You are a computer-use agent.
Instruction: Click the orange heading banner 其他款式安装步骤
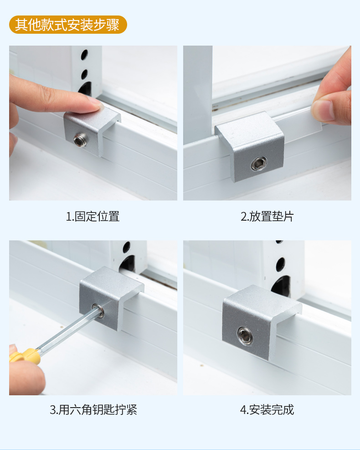[68, 25]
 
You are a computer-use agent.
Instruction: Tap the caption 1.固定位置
[93, 217]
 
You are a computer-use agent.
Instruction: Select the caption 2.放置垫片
[267, 217]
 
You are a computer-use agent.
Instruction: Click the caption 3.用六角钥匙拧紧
[93, 409]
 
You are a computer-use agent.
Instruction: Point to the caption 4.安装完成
[267, 409]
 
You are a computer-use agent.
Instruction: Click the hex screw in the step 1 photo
[80, 140]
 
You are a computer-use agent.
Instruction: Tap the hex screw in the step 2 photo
[259, 164]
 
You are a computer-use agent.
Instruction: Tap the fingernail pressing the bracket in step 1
[96, 103]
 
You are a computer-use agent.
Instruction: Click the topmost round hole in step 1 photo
[84, 55]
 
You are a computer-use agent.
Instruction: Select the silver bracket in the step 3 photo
[110, 299]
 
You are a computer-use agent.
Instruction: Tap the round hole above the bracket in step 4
[280, 264]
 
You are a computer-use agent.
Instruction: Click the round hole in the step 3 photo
[127, 248]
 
